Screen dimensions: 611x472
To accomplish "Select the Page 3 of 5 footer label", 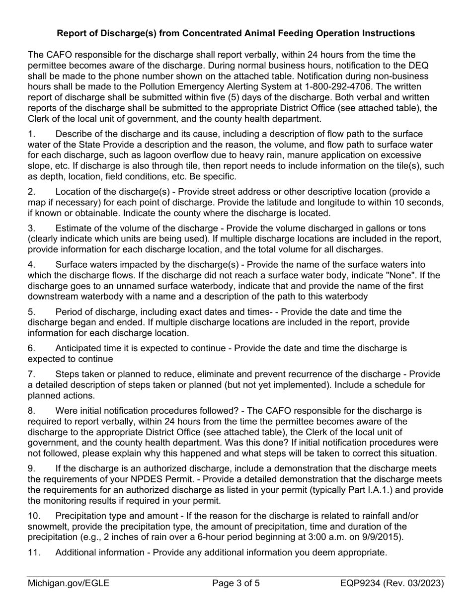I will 236,584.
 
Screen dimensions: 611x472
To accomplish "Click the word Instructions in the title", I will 387,33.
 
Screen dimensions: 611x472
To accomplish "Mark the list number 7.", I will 31,374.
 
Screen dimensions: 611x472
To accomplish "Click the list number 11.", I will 34,552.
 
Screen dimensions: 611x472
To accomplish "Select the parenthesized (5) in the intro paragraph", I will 286,97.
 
